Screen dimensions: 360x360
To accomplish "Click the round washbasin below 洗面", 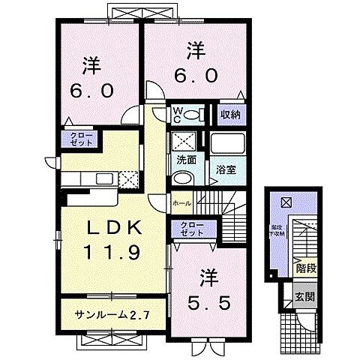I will (181, 178).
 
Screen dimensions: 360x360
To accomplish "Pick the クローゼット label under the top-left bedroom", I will (77, 139).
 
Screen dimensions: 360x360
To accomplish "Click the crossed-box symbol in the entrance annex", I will (285, 202).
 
